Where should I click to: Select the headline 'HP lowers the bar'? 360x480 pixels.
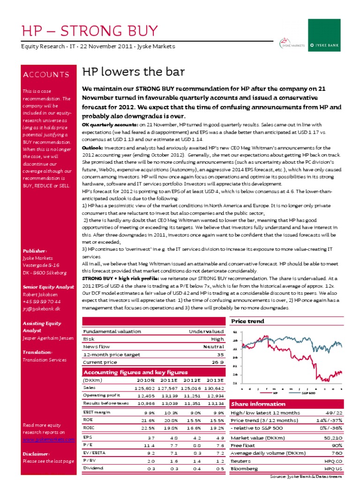tap(134, 72)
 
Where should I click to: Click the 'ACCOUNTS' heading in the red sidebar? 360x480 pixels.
tap(46, 75)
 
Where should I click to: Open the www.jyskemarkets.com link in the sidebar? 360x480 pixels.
tap(49, 440)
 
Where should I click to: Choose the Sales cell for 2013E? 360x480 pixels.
tap(214, 388)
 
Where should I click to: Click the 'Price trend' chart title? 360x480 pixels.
tap(247, 321)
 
